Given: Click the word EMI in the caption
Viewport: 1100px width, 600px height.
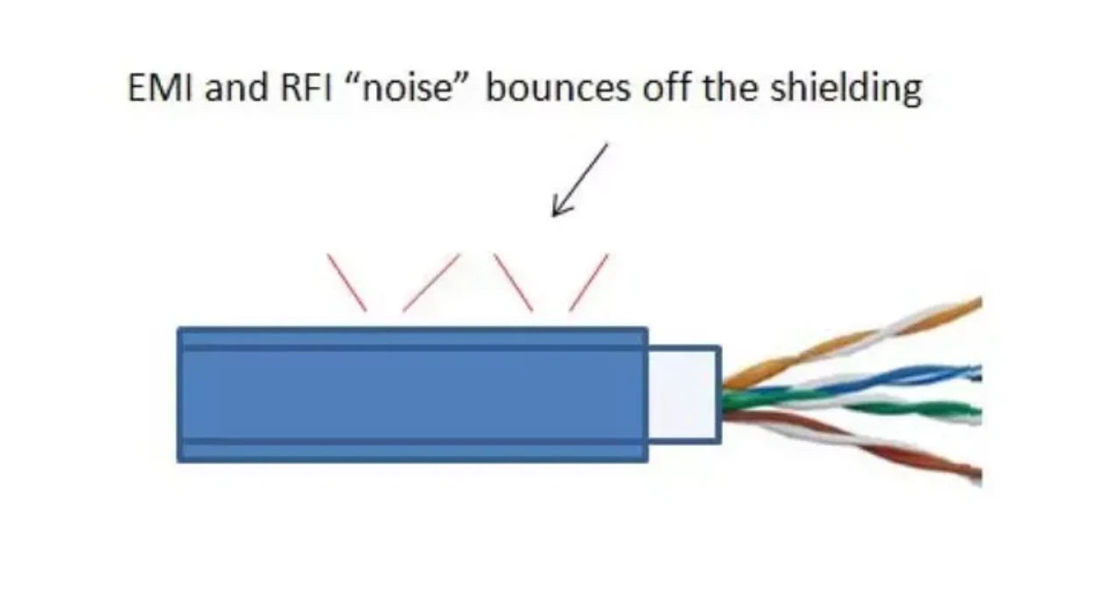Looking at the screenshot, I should [162, 88].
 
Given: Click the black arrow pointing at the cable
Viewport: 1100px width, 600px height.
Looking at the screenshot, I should [578, 180].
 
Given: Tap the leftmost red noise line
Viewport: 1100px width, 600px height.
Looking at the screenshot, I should [347, 282].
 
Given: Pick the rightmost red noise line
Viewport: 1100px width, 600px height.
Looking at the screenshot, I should [588, 282].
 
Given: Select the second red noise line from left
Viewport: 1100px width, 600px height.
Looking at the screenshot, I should [431, 282].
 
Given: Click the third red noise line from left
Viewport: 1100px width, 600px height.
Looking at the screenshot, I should [513, 282].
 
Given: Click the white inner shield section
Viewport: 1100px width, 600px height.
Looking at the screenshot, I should [683, 394].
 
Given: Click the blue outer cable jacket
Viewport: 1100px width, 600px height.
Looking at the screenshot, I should [412, 394].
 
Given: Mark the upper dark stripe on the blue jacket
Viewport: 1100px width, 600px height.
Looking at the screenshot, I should [412, 347].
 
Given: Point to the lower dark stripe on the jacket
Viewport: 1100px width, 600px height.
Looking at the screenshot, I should [412, 442].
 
